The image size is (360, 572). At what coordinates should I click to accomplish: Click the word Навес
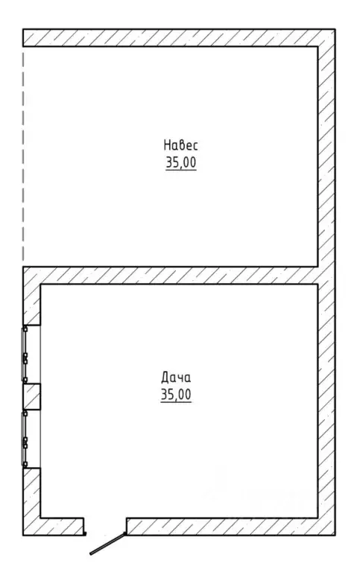click(180, 145)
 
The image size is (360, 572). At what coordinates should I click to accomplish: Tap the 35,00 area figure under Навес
click(180, 162)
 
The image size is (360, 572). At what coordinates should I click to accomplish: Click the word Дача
click(176, 378)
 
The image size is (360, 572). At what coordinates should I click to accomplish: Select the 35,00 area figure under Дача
click(176, 395)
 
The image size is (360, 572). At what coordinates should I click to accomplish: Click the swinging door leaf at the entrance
click(108, 544)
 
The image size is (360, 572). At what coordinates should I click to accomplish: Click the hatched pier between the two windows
click(32, 396)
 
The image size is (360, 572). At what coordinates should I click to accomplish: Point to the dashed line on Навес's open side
click(23, 157)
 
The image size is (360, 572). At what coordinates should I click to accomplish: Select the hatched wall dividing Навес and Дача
click(170, 276)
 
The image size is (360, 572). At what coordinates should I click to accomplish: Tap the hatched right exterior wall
click(326, 282)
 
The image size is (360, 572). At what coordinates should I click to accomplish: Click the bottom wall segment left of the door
click(54, 527)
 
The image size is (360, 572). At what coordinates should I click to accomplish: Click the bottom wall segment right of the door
click(231, 527)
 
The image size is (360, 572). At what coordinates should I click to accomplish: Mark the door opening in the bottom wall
click(106, 527)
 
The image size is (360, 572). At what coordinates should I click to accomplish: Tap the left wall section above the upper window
click(32, 296)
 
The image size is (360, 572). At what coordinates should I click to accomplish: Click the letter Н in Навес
click(167, 145)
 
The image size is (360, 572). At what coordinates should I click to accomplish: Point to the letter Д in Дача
click(165, 378)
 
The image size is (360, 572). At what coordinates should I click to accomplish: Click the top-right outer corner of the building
click(335, 30)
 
